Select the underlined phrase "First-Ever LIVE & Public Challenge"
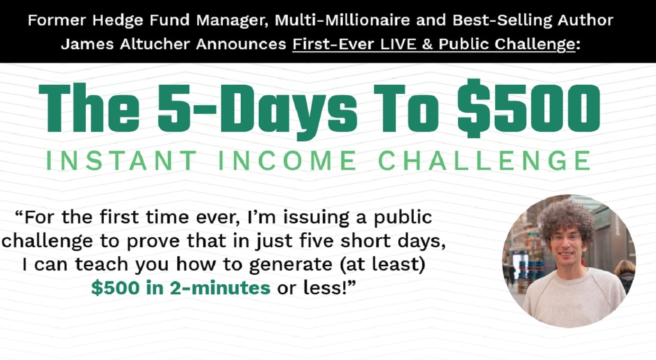tap(433, 44)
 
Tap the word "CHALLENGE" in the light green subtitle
tap(485, 160)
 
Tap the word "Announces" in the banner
tap(241, 44)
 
